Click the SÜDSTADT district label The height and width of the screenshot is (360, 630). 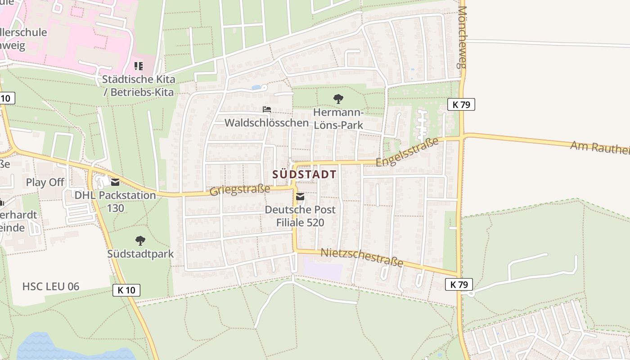[x=304, y=175]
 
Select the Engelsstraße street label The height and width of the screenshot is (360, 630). [x=407, y=152]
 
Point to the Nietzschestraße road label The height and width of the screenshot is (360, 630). [x=361, y=258]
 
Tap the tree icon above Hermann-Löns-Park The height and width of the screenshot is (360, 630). [x=338, y=99]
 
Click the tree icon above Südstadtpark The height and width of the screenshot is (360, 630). [x=140, y=241]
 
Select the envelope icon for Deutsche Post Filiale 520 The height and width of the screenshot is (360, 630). [x=300, y=197]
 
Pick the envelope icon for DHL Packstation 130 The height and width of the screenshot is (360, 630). [x=115, y=182]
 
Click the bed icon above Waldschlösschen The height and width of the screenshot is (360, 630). [x=267, y=109]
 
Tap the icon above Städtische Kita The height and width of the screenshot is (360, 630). [x=139, y=66]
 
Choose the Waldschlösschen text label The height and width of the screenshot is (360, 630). [x=266, y=122]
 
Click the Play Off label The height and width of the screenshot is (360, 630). [x=45, y=182]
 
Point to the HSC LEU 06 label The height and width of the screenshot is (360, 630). [x=51, y=286]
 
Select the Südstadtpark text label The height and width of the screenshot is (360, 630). [x=140, y=254]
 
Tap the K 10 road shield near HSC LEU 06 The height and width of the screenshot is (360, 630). [x=126, y=290]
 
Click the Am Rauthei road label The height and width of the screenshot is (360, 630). [x=600, y=147]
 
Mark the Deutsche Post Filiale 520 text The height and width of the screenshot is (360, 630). [x=300, y=216]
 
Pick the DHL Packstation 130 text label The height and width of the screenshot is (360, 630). [x=115, y=202]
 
